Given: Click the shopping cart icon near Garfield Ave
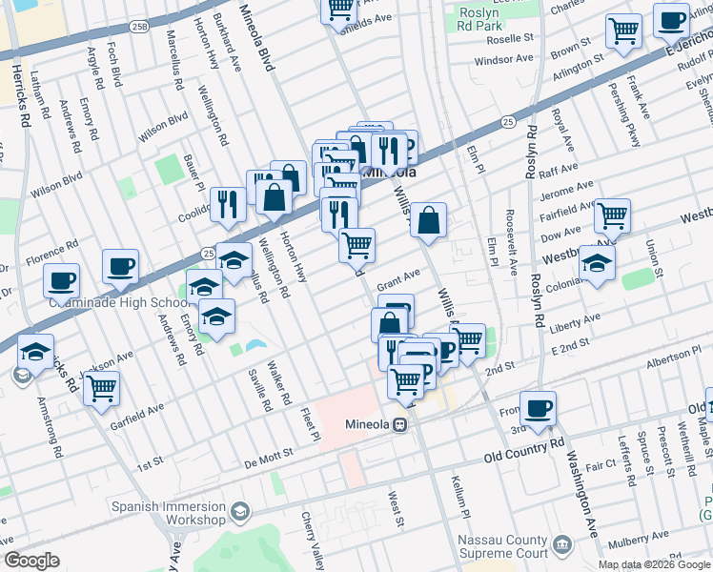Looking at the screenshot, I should click(100, 388).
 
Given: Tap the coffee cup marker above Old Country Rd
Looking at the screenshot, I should click(538, 407).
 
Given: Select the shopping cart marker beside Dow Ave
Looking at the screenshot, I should click(612, 215).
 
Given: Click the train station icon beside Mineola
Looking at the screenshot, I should click(402, 425).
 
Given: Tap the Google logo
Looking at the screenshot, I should click(32, 561).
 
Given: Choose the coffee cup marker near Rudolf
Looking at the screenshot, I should click(671, 19).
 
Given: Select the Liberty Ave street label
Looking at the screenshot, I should click(576, 322).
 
